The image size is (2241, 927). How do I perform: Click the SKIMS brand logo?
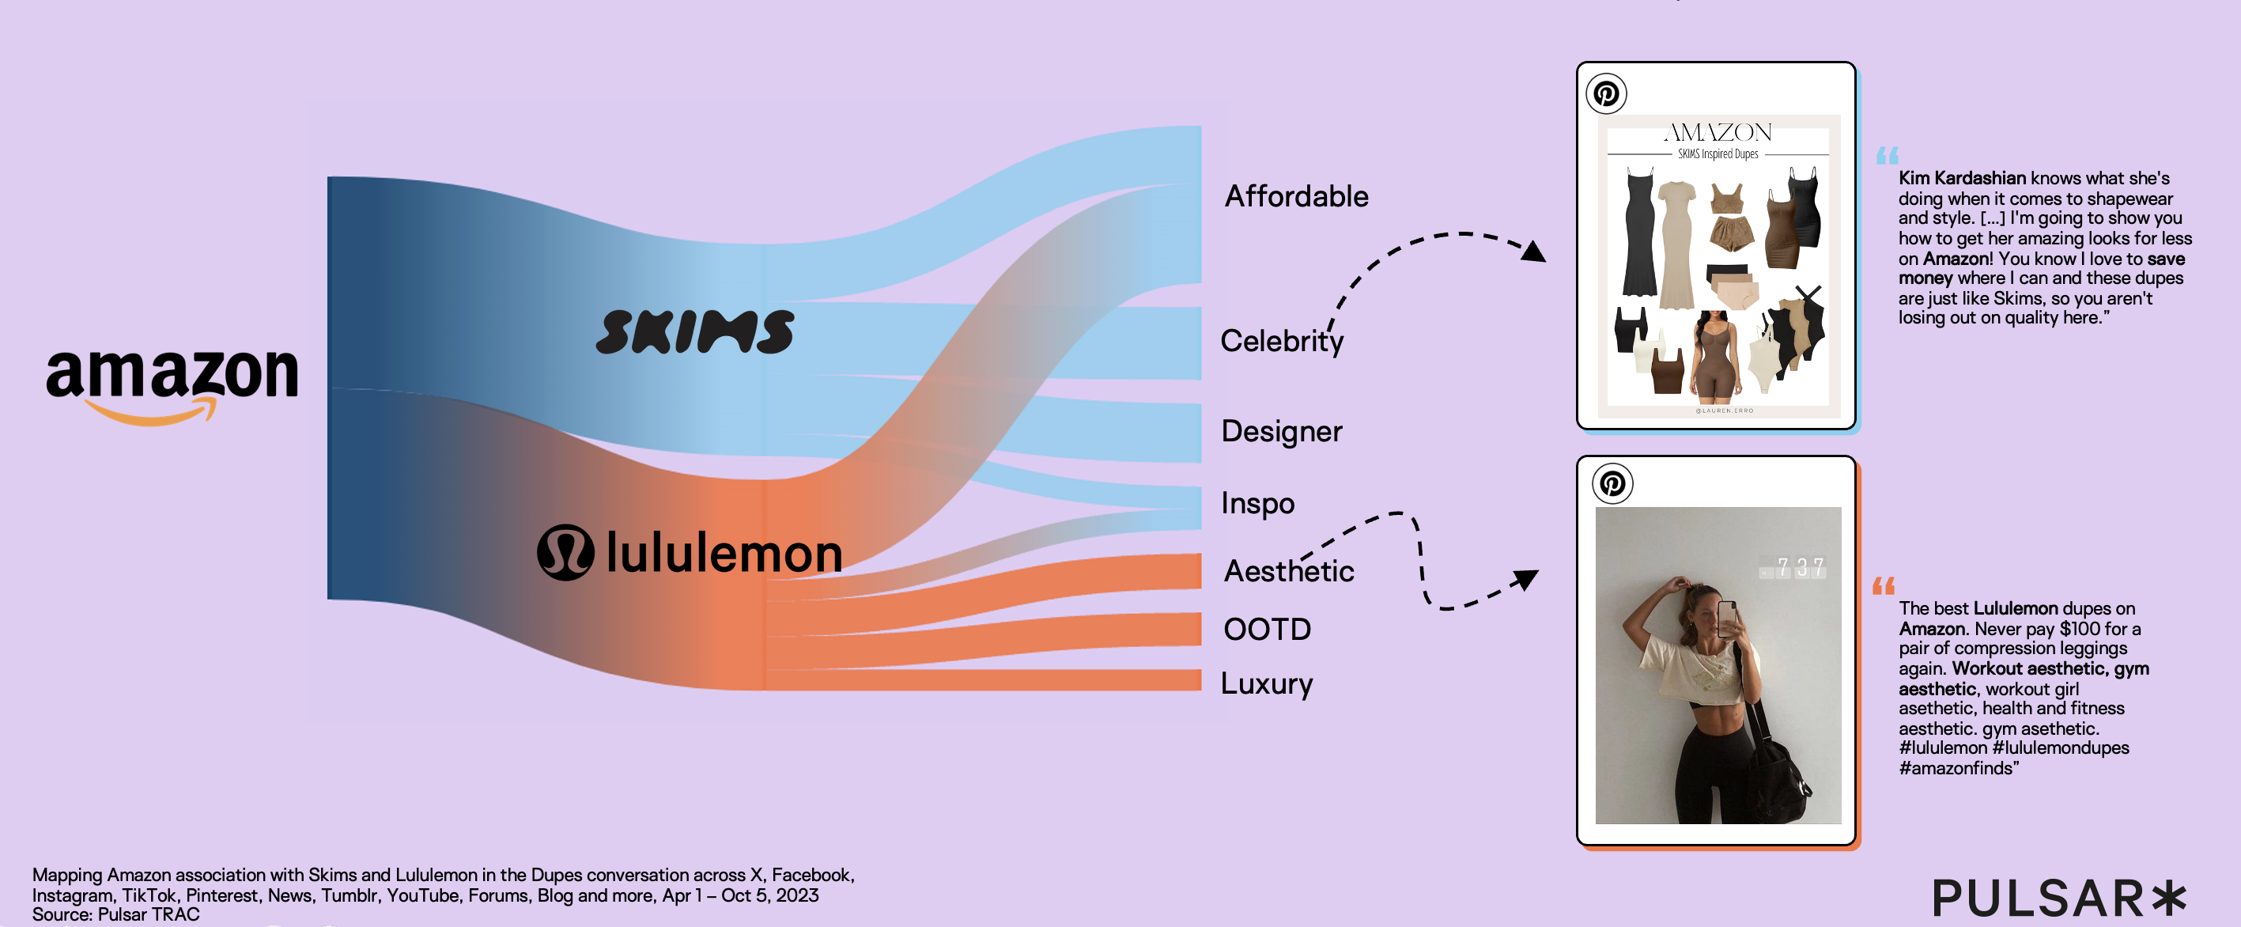pyautogui.click(x=694, y=331)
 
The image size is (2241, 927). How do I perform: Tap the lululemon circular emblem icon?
pyautogui.click(x=565, y=552)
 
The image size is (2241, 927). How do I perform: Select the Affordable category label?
pyautogui.click(x=1296, y=197)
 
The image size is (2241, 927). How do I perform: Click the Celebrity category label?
pyautogui.click(x=1282, y=341)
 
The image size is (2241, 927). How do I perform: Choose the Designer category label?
pyautogui.click(x=1282, y=432)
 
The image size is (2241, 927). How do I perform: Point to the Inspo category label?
pyautogui.click(x=1258, y=503)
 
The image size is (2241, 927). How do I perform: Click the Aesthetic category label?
pyautogui.click(x=1288, y=571)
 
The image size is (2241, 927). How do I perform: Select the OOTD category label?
pyautogui.click(x=1267, y=630)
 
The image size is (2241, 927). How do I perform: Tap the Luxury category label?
pyautogui.click(x=1267, y=684)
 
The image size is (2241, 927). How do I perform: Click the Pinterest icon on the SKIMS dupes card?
pyautogui.click(x=1606, y=93)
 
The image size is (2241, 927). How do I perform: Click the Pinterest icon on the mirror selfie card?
pyautogui.click(x=1612, y=483)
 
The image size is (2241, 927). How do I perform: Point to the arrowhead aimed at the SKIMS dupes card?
pyautogui.click(x=1535, y=252)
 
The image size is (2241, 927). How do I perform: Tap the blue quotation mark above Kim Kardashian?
pyautogui.click(x=1887, y=156)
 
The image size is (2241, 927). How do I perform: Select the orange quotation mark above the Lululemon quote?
pyautogui.click(x=1884, y=586)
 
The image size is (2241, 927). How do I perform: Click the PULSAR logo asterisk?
pyautogui.click(x=2169, y=899)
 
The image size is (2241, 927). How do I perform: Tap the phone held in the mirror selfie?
pyautogui.click(x=1726, y=620)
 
